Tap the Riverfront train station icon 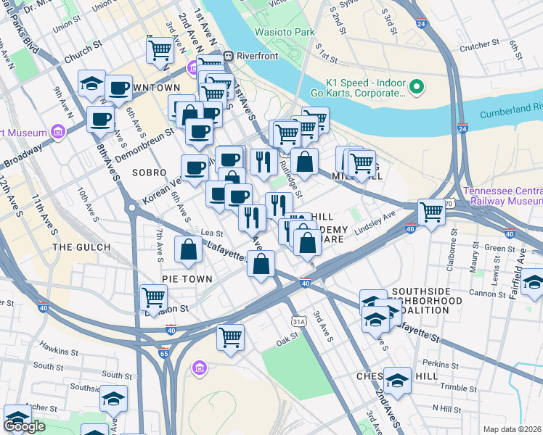click(227, 55)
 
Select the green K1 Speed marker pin click(417, 88)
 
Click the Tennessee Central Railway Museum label click(503, 196)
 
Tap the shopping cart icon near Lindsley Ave click(431, 212)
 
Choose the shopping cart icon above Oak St click(230, 336)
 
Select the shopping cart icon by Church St click(160, 50)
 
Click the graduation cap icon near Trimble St click(397, 379)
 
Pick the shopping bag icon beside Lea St click(189, 249)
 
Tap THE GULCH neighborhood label click(82, 247)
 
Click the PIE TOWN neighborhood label click(187, 278)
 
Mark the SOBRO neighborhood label click(150, 173)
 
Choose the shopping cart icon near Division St click(153, 297)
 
